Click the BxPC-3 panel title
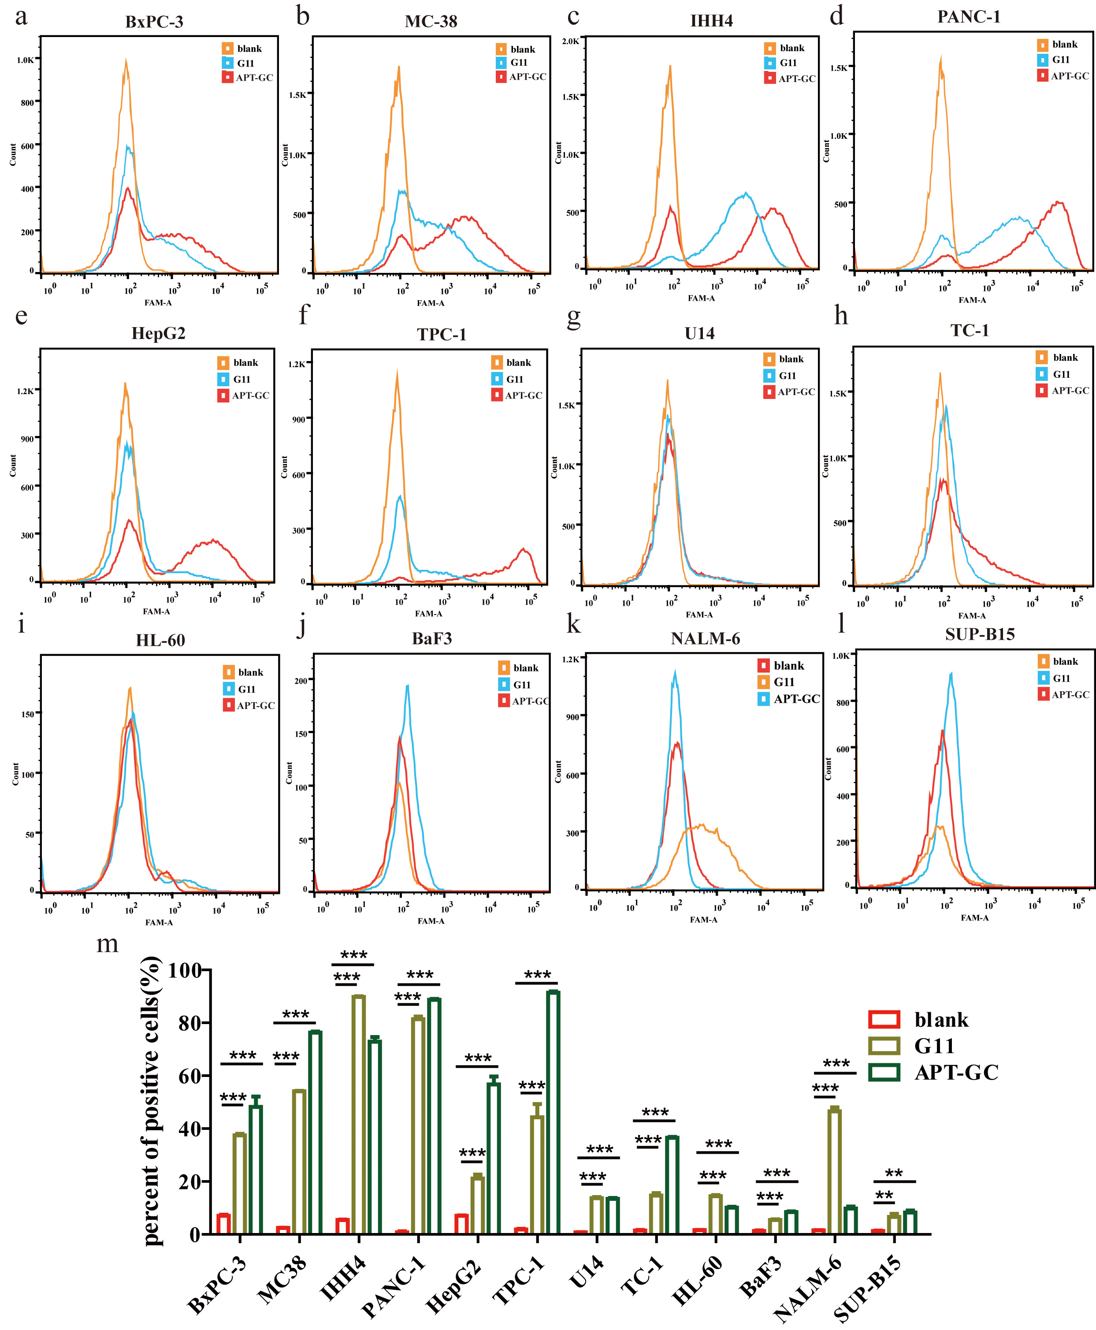pyautogui.click(x=154, y=22)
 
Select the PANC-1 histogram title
pyautogui.click(x=969, y=17)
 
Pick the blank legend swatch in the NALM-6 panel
pyautogui.click(x=763, y=666)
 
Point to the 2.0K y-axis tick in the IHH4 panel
pyautogui.click(x=570, y=42)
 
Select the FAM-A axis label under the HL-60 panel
pyautogui.click(x=159, y=923)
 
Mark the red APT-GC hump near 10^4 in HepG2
pyautogui.click(x=213, y=542)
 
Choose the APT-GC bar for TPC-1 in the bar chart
pyautogui.click(x=553, y=1114)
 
